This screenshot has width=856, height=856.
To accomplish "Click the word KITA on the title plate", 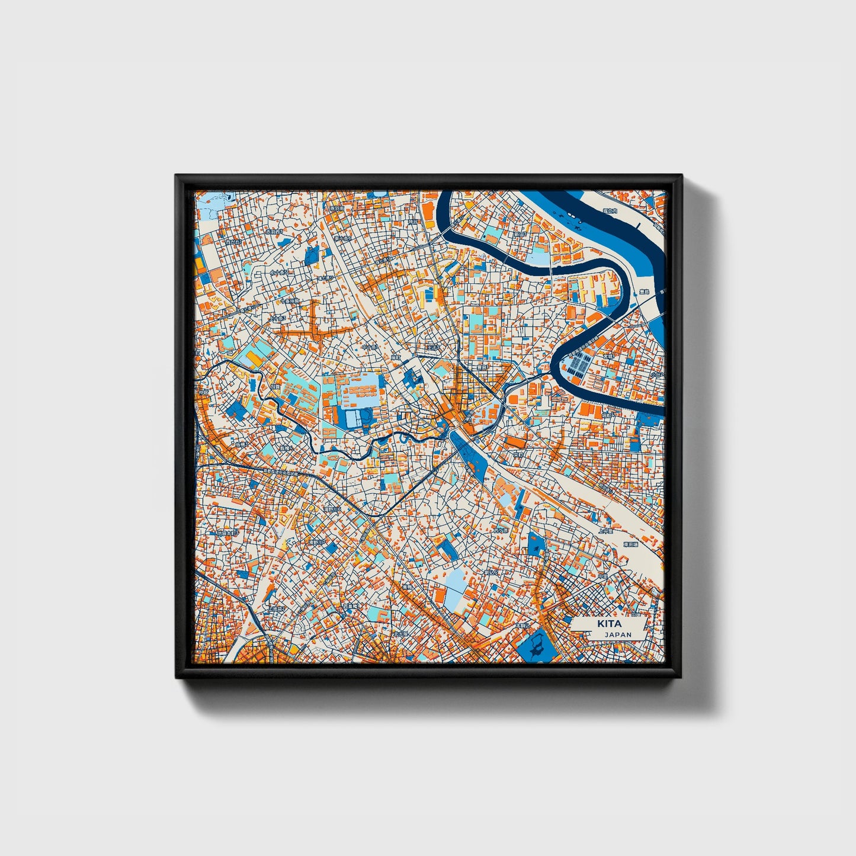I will click(609, 624).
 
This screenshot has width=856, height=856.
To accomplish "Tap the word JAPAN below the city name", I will click(618, 634).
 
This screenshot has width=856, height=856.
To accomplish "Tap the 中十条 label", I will click(370, 347).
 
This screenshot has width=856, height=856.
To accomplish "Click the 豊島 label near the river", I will click(644, 292).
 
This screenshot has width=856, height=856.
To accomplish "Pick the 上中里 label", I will click(605, 531).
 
